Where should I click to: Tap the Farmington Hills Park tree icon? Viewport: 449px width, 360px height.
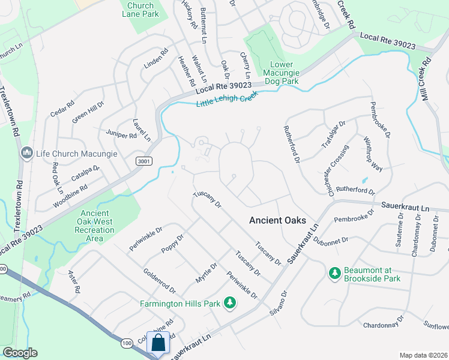(x=229, y=304)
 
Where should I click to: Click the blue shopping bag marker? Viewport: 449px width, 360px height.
(x=158, y=343)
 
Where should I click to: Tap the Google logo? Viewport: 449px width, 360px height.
(x=19, y=353)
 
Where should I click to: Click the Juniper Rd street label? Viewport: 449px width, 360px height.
(x=121, y=135)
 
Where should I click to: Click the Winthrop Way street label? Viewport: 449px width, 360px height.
(x=373, y=154)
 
